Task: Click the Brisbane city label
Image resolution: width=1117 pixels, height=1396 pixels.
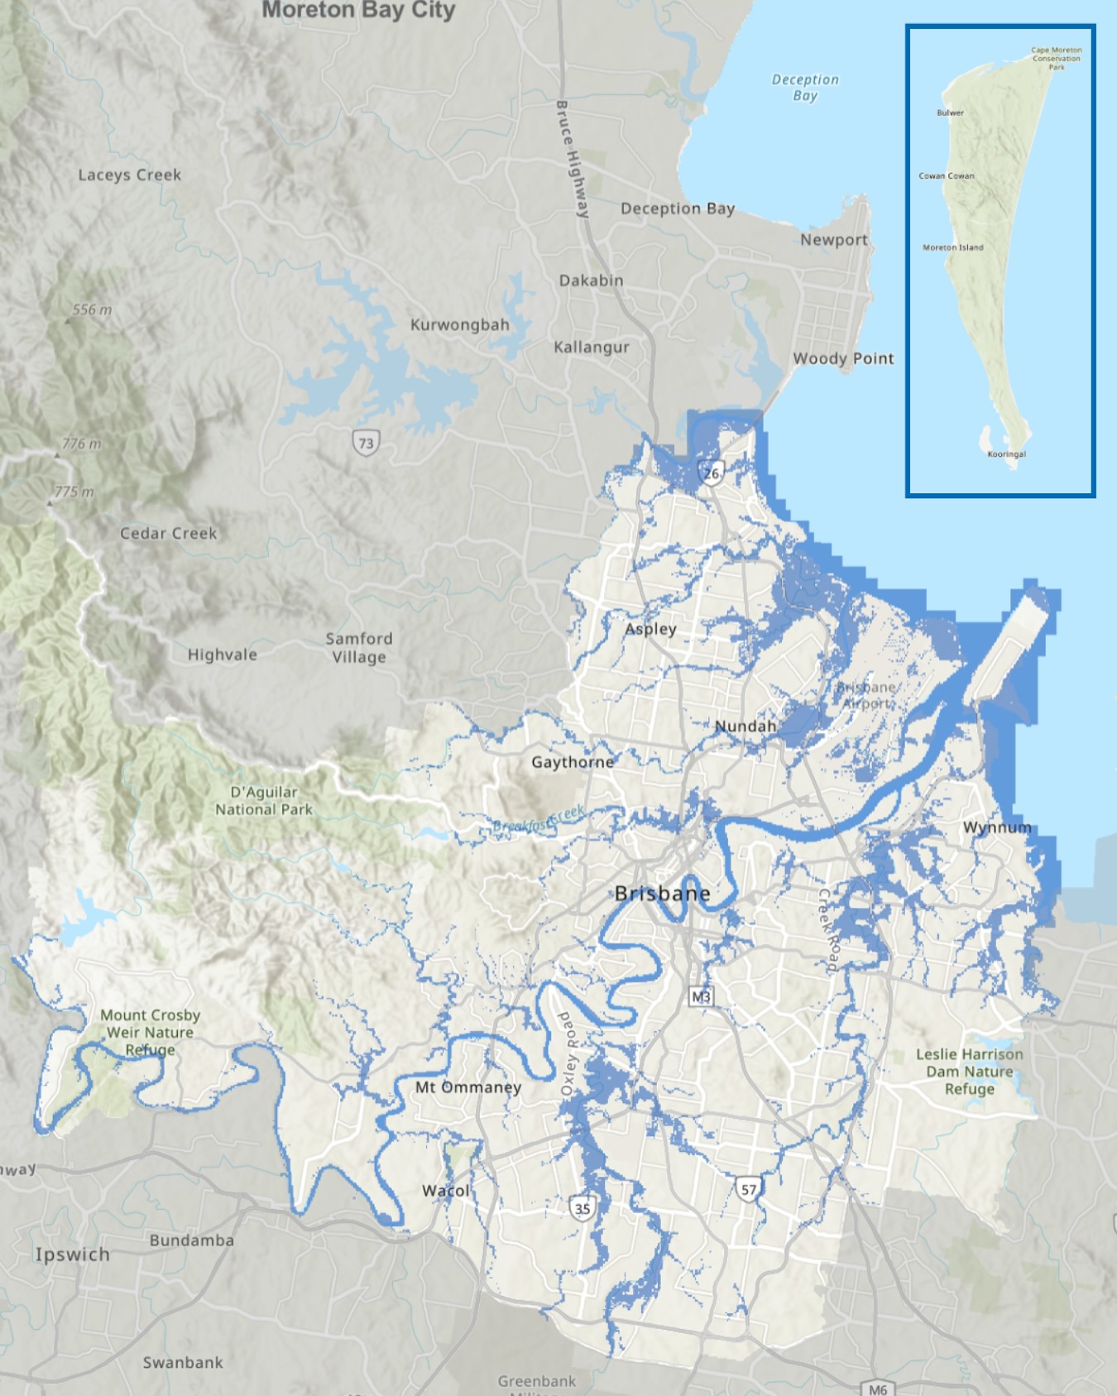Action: click(x=662, y=894)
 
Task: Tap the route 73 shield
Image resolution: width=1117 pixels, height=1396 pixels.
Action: click(x=366, y=443)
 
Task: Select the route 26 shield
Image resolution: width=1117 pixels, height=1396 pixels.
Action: click(x=712, y=473)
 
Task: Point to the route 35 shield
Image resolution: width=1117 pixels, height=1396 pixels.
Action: click(x=582, y=1208)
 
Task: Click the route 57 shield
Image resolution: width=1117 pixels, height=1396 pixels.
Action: click(x=748, y=1190)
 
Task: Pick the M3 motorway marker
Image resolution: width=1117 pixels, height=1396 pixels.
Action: click(x=701, y=996)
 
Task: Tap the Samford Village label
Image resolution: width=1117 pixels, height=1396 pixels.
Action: click(x=359, y=647)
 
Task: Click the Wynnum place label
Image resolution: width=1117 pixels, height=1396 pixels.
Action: click(x=997, y=827)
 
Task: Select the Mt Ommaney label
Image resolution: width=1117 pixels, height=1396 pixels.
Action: click(x=468, y=1087)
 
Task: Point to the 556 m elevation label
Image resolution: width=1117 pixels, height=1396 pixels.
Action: click(x=92, y=309)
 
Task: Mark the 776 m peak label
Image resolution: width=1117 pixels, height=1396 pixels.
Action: click(x=81, y=444)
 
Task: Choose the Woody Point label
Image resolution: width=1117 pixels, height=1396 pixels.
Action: click(x=843, y=358)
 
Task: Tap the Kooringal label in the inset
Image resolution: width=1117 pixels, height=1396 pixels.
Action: click(x=1006, y=453)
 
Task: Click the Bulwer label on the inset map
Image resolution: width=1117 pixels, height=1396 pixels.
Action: click(x=950, y=113)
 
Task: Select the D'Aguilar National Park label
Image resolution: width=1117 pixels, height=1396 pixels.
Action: click(x=264, y=800)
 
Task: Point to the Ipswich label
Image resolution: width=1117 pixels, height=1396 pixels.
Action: click(x=72, y=1254)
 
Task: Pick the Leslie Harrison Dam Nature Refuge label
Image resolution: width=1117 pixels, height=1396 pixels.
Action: click(x=969, y=1071)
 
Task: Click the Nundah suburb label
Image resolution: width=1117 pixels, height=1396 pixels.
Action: click(x=745, y=726)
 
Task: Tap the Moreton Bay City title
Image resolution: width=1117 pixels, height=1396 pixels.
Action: click(x=358, y=10)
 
